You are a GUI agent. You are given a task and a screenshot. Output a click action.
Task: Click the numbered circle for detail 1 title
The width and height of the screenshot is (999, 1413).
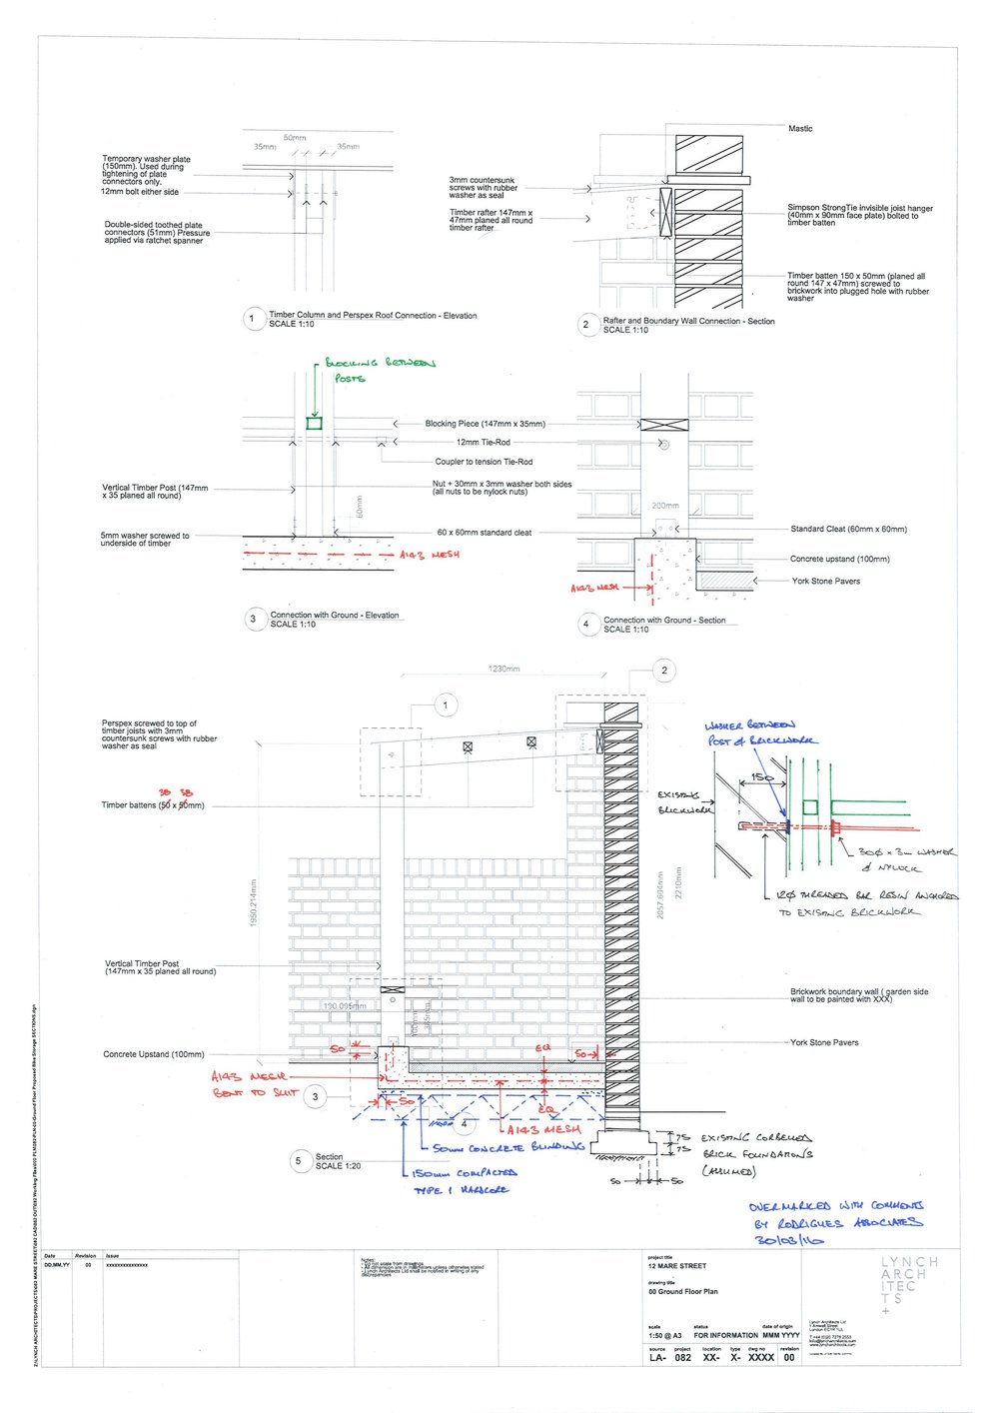tap(252, 320)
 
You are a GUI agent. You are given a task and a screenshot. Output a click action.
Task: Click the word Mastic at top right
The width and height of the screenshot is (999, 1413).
tap(800, 129)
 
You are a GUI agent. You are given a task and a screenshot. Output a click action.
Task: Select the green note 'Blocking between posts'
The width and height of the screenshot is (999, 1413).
tap(380, 370)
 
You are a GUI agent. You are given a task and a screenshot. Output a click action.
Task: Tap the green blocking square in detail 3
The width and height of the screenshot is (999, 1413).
tap(314, 424)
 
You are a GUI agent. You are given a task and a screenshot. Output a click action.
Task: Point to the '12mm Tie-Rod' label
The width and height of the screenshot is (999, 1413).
tap(483, 442)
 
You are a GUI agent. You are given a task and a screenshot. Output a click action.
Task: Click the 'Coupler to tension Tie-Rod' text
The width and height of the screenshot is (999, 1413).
tap(484, 462)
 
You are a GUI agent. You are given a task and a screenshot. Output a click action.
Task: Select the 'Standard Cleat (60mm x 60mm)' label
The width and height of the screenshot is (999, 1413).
tap(848, 529)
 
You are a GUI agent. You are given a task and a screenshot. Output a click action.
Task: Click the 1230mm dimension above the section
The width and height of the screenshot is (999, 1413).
tap(503, 669)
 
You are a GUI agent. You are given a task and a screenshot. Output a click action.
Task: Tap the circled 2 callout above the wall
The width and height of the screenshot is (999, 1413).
tap(664, 671)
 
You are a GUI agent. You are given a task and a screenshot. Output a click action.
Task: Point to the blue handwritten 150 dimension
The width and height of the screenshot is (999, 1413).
tap(762, 776)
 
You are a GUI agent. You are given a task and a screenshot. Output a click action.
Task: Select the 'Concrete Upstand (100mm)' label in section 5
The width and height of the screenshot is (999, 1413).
tap(153, 1054)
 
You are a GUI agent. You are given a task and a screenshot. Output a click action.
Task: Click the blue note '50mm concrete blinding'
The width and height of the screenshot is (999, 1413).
tap(508, 1148)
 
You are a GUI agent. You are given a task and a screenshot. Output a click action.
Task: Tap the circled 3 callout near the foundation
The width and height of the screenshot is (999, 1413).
tap(316, 1096)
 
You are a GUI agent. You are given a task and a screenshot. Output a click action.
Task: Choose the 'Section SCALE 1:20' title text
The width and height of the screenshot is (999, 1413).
tap(330, 1161)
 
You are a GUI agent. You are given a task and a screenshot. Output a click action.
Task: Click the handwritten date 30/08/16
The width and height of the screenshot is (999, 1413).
tap(783, 1240)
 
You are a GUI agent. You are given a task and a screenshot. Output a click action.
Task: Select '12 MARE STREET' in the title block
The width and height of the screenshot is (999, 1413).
tap(677, 1266)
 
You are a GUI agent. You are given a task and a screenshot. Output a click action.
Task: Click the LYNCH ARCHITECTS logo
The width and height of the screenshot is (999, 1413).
tap(908, 1284)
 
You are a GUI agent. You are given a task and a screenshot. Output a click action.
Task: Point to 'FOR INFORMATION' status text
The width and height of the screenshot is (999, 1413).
tap(725, 1335)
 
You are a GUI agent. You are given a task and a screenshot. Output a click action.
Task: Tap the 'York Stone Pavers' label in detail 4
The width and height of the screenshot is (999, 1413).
tap(825, 581)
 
